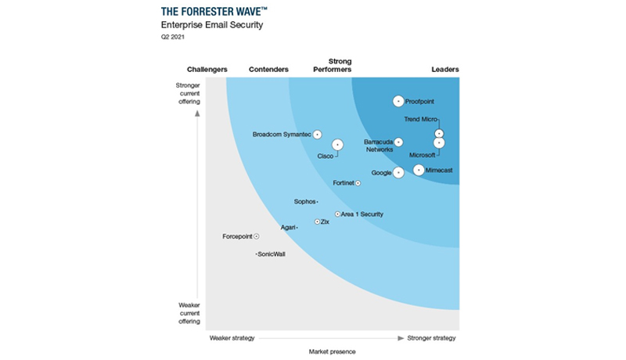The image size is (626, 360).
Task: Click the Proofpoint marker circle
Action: coord(398,101)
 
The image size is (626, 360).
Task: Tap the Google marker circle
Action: coord(398,172)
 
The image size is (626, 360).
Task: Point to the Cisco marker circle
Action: coord(337,144)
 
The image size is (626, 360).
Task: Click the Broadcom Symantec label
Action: coord(282,135)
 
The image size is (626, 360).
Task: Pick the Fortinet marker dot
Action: coord(358,183)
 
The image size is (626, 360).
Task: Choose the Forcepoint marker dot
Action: coord(257,236)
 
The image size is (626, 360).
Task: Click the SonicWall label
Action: coord(272,254)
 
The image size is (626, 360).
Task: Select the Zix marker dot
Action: coord(317,221)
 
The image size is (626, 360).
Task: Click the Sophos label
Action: coord(304,202)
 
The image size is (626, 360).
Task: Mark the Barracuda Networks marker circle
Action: coord(398,142)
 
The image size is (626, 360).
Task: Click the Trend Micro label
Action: coord(420,120)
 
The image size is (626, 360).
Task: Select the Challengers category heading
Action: coord(207,70)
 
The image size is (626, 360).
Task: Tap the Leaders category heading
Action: coord(445,70)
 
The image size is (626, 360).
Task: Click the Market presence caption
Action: coord(332,352)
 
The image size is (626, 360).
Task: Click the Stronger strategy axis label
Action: coord(432,338)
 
